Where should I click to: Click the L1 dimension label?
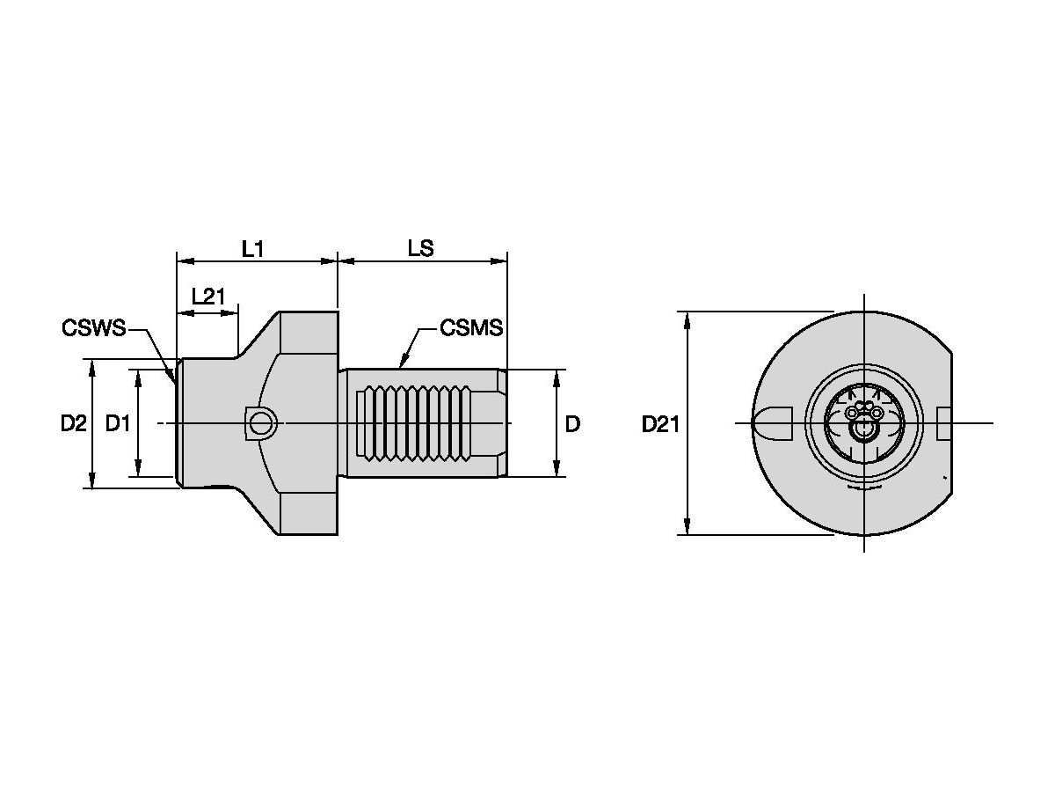point(253,249)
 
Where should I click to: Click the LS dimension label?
point(420,249)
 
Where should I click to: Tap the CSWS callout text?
point(93,328)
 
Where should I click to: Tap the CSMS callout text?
point(471,328)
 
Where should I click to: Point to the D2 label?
point(73,424)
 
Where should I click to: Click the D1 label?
point(118,424)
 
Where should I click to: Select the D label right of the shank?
point(572,424)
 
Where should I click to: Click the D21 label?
point(660,424)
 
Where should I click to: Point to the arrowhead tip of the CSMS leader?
point(402,365)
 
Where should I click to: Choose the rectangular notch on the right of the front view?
point(943,423)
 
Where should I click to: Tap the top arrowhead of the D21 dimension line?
point(688,316)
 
